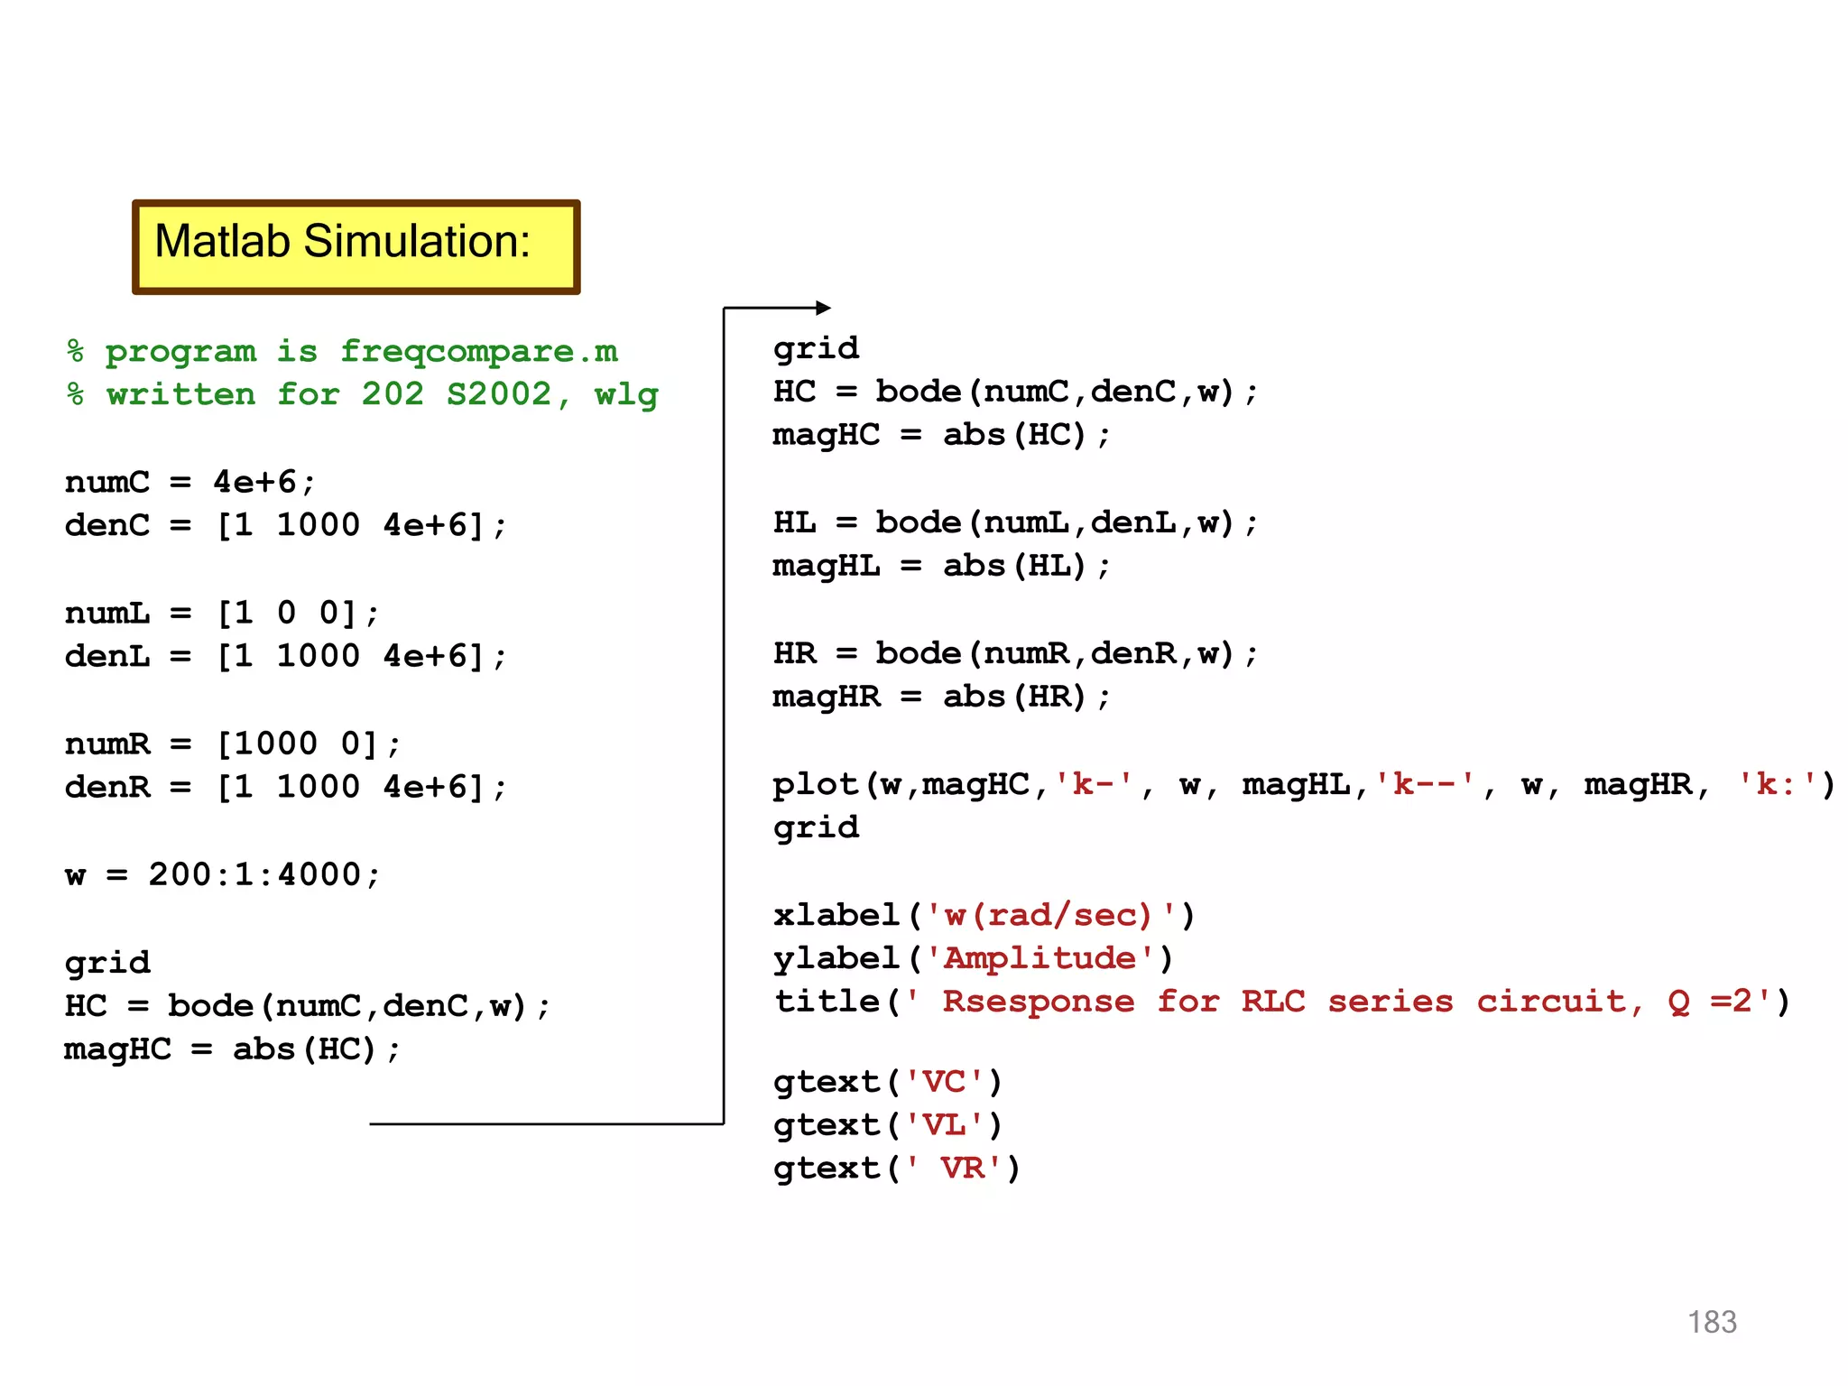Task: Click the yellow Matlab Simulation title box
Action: click(x=356, y=246)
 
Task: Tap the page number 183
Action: click(x=1712, y=1322)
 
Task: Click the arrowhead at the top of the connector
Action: click(x=822, y=308)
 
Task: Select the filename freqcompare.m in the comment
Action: click(x=479, y=351)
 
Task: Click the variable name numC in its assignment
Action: click(x=107, y=482)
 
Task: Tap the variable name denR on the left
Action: click(x=107, y=787)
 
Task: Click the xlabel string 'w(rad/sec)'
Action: click(x=1052, y=915)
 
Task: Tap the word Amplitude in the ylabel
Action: click(x=1039, y=957)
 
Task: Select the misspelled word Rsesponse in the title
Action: click(x=1039, y=1001)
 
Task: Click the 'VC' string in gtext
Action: click(x=945, y=1081)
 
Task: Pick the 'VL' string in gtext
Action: click(x=945, y=1124)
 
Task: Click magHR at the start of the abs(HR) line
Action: click(x=827, y=697)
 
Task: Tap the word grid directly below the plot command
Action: click(x=816, y=827)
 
